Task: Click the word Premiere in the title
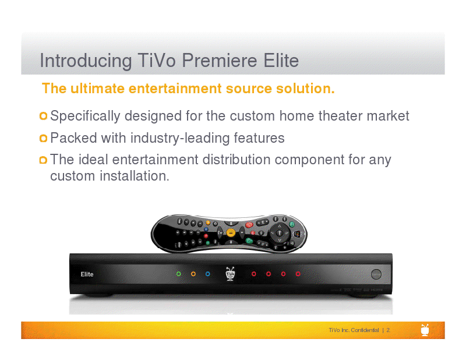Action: pyautogui.click(x=220, y=61)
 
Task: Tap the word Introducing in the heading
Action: pyautogui.click(x=86, y=62)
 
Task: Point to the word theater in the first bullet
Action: pyautogui.click(x=341, y=116)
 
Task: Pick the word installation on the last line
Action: pyautogui.click(x=135, y=176)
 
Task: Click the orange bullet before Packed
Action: pyautogui.click(x=43, y=138)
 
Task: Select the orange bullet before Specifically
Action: pyautogui.click(x=43, y=116)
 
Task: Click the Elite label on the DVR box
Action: pyautogui.click(x=87, y=274)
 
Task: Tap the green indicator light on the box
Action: pyautogui.click(x=179, y=274)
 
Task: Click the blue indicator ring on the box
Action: pyautogui.click(x=208, y=274)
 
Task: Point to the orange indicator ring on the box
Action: pyautogui.click(x=193, y=274)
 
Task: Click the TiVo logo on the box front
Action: pyautogui.click(x=230, y=274)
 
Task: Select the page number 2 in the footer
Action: pyautogui.click(x=388, y=330)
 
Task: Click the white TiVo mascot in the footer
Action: pyautogui.click(x=425, y=330)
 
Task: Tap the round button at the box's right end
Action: pyautogui.click(x=376, y=274)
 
